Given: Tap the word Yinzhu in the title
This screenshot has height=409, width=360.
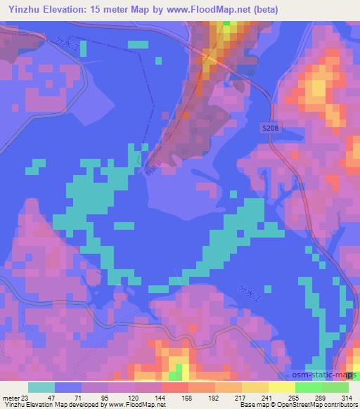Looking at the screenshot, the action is coord(20,10).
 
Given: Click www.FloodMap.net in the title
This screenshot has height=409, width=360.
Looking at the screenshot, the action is coord(200,10).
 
